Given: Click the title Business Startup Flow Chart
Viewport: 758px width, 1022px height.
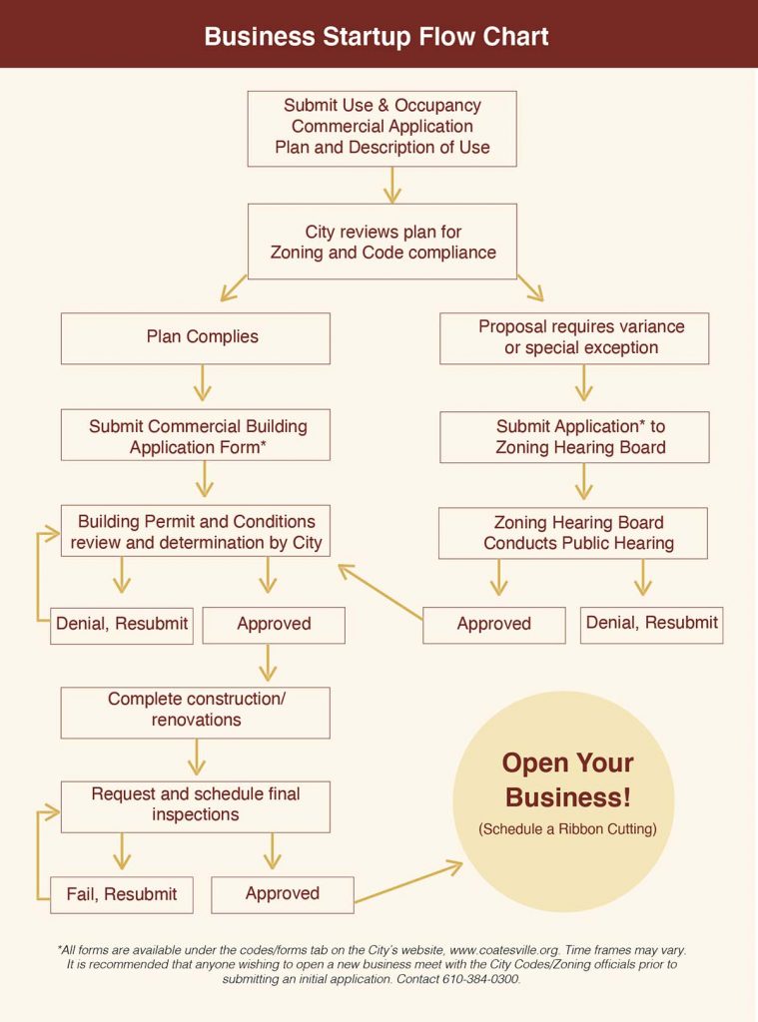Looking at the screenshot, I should tap(377, 37).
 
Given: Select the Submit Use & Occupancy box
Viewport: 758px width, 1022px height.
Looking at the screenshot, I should tap(381, 127).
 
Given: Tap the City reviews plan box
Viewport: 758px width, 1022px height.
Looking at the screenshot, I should tap(381, 242).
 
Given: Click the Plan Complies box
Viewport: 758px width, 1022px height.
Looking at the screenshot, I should tap(196, 337).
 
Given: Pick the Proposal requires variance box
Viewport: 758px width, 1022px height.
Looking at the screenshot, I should tap(574, 337).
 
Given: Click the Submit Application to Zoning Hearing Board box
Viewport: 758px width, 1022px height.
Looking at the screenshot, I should tap(574, 436).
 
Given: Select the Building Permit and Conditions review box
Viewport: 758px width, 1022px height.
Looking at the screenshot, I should tap(196, 532).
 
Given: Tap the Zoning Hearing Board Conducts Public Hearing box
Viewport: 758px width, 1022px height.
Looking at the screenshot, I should tap(574, 533).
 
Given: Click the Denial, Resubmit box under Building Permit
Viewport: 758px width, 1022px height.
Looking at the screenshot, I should tap(122, 625).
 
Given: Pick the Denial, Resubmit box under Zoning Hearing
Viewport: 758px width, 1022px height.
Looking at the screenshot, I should tap(651, 624).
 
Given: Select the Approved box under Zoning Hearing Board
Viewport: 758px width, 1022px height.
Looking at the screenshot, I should tap(493, 625).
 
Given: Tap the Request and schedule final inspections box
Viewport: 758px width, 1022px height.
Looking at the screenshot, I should tap(196, 805).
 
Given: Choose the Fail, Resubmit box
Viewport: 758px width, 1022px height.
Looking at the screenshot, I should tap(122, 894).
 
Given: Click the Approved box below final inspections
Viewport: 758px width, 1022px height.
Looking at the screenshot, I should tap(283, 894).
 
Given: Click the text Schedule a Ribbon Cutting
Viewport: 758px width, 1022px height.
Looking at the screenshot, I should tap(566, 829).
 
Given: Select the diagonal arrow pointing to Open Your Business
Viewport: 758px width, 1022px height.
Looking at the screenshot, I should tap(409, 882).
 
